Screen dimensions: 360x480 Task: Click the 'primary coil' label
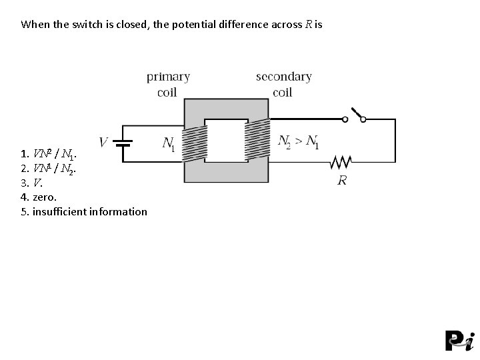coord(168,84)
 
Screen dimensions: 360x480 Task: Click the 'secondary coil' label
coord(283,84)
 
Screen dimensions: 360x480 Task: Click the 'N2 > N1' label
coord(298,142)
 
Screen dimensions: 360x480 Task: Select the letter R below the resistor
coord(342,180)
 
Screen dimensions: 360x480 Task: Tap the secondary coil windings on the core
coord(257,142)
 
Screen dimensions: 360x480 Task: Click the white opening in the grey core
coord(226,141)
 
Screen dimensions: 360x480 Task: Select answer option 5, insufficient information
coord(84,211)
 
